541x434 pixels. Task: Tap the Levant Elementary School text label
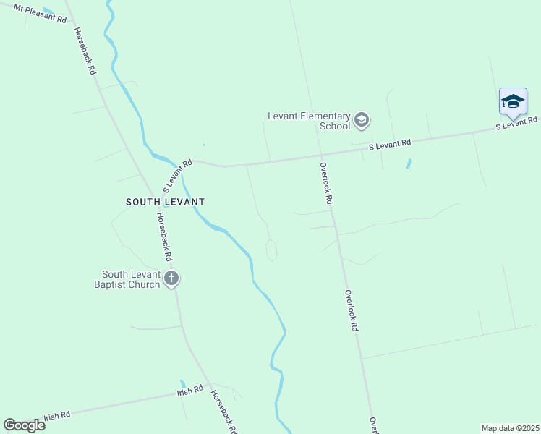pos(309,121)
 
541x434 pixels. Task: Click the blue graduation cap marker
pos(513,102)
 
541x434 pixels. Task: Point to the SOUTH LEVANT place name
pos(166,202)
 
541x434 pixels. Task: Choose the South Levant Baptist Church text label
pos(130,279)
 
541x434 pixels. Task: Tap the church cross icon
pos(171,278)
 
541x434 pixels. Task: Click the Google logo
pos(24,425)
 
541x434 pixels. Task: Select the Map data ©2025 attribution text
pos(510,428)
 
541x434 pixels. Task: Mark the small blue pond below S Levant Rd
pos(409,163)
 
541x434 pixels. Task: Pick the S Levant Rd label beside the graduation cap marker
pos(516,123)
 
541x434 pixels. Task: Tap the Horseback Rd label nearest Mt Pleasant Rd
pos(85,52)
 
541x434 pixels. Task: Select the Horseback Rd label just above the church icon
pos(164,237)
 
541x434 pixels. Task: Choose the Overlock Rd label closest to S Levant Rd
pos(327,182)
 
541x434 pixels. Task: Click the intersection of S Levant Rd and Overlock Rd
pos(321,155)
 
